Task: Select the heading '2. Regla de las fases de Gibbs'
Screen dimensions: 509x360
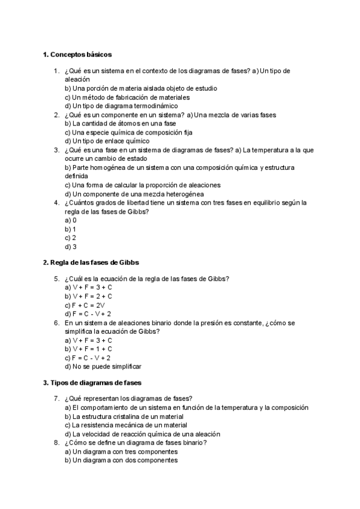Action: point(91,262)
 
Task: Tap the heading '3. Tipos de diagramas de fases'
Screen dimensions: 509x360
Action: point(92,382)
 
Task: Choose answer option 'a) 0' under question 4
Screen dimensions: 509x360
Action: point(71,220)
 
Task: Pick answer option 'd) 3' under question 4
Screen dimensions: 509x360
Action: point(71,246)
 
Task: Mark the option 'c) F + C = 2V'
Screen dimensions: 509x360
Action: point(87,305)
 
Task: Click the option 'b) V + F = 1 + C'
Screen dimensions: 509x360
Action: point(89,349)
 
